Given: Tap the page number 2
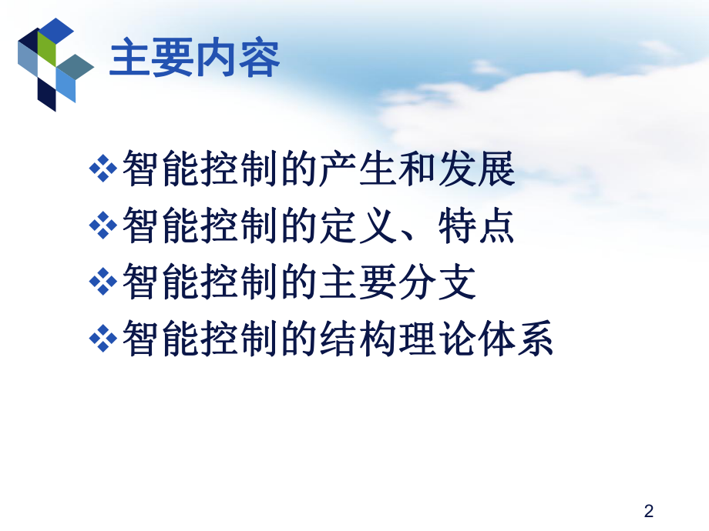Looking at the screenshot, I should pos(648,510).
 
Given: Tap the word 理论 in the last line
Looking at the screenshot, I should pos(437,339).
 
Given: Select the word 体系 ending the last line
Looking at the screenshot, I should pos(516,339).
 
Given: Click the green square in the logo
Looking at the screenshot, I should pos(47,53).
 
